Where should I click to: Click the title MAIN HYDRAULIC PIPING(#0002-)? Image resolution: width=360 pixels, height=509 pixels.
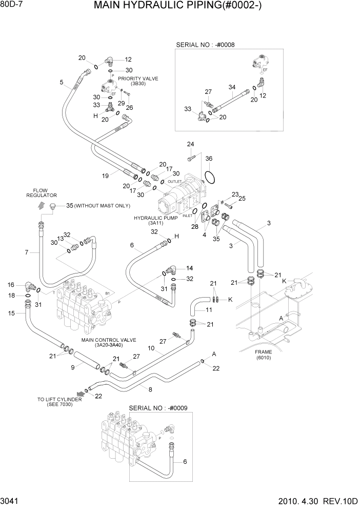[x=182, y=7]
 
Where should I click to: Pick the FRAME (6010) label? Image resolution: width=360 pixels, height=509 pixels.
[x=264, y=355]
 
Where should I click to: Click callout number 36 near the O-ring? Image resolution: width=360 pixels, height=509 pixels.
[x=209, y=159]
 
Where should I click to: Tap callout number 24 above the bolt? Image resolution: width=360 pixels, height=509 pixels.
[x=190, y=144]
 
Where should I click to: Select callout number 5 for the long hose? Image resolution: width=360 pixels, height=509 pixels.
[x=62, y=82]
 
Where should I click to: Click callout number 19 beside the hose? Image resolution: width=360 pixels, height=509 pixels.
[x=105, y=176]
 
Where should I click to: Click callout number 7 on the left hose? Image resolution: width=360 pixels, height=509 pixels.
[x=27, y=251]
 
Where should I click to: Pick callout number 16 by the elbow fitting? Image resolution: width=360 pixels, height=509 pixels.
[x=11, y=285]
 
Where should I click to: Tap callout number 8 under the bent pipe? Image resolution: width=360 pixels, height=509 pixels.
[x=150, y=390]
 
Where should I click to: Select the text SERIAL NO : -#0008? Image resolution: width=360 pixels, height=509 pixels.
[x=205, y=45]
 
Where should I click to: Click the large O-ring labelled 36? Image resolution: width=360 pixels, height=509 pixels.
[x=209, y=177]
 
